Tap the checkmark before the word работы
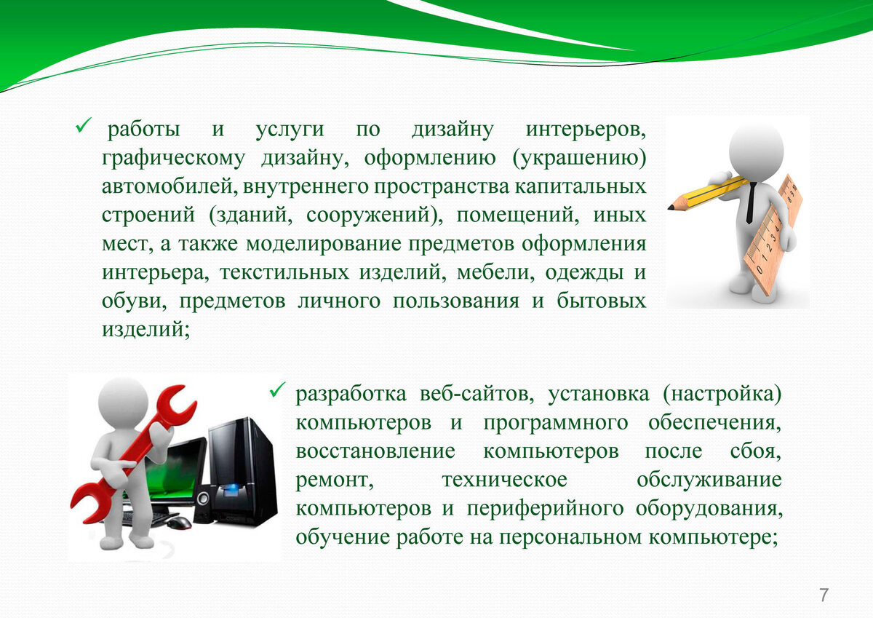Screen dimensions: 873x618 point(83,125)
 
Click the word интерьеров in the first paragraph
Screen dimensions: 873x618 point(586,130)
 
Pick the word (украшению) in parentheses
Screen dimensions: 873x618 point(579,158)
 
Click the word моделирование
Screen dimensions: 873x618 point(324,244)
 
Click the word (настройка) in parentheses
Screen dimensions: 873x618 point(722,395)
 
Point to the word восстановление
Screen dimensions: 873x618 point(375,451)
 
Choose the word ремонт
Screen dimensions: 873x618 point(335,480)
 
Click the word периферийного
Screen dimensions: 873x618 point(545,509)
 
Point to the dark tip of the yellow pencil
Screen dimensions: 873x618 point(670,207)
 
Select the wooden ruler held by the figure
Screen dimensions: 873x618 point(773,234)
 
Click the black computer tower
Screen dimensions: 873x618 point(242,472)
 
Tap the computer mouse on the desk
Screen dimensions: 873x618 point(179,522)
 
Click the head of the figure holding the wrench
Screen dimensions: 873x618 point(123,402)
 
